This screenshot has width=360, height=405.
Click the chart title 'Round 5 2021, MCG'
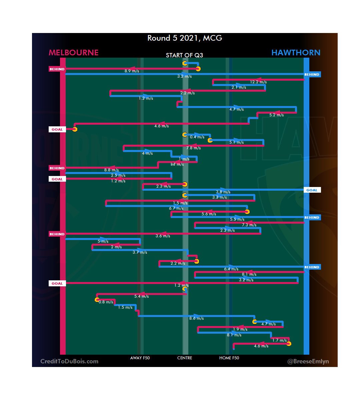pos(185,38)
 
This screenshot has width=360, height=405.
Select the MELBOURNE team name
pos(74,53)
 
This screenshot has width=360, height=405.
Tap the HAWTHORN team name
pos(296,53)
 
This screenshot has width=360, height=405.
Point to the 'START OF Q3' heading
pos(184,55)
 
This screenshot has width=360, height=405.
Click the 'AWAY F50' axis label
pos(140,358)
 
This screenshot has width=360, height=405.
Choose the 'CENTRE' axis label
pos(185,358)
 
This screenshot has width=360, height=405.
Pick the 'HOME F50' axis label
pos(229,358)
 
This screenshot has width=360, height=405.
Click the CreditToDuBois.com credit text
pos(69,361)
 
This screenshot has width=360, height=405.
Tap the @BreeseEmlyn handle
pos(308,361)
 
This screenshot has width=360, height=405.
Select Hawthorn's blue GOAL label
pos(312,190)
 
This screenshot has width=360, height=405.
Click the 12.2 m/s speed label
pos(258,82)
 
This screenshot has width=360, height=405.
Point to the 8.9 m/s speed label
pos(132,71)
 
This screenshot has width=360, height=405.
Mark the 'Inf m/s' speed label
pos(177,164)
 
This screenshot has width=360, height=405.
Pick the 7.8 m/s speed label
pos(193,148)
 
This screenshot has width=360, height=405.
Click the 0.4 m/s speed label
pos(197,137)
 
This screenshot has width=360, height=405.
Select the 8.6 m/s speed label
pos(196,318)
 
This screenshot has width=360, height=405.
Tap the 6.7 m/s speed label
pos(176,208)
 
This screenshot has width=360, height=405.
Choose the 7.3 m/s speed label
pos(249,225)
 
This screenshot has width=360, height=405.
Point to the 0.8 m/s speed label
pos(106,302)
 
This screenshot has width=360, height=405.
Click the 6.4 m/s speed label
pos(231,269)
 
